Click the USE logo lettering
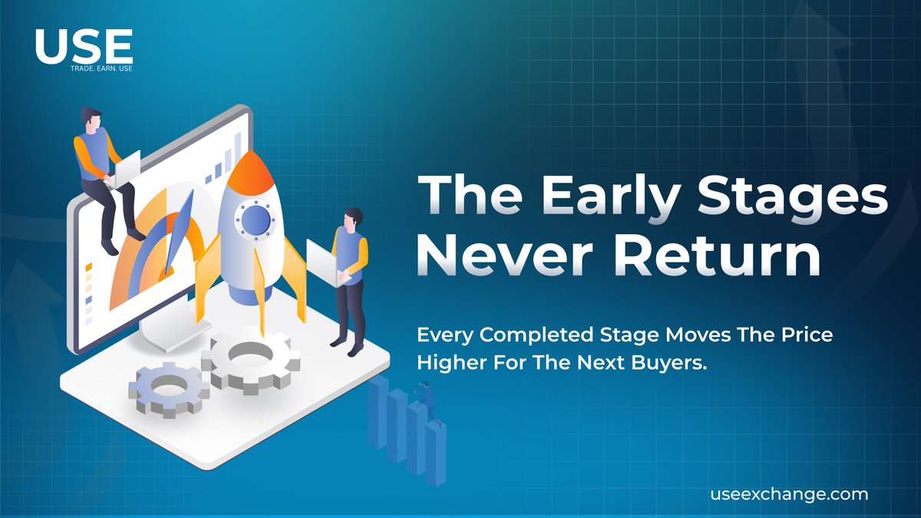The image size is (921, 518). click(84, 46)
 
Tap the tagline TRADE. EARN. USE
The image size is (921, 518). click(101, 68)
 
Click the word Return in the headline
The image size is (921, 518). click(717, 256)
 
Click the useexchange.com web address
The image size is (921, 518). click(790, 494)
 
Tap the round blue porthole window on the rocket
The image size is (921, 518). click(256, 220)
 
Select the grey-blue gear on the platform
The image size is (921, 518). click(169, 388)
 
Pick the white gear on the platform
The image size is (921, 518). click(250, 359)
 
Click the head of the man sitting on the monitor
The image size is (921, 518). click(91, 119)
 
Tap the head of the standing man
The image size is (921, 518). click(353, 221)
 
